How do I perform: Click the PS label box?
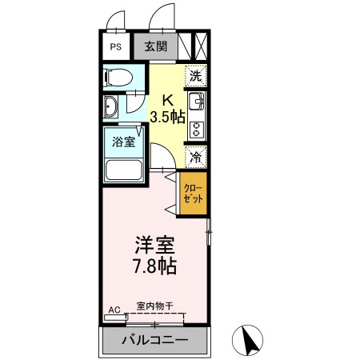[116, 46]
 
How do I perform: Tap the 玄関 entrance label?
[155, 46]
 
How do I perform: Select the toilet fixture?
[118, 78]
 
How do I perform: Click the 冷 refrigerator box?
[196, 157]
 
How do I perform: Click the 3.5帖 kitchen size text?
[168, 117]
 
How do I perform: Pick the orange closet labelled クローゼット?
[193, 194]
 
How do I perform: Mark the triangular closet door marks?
[171, 194]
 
